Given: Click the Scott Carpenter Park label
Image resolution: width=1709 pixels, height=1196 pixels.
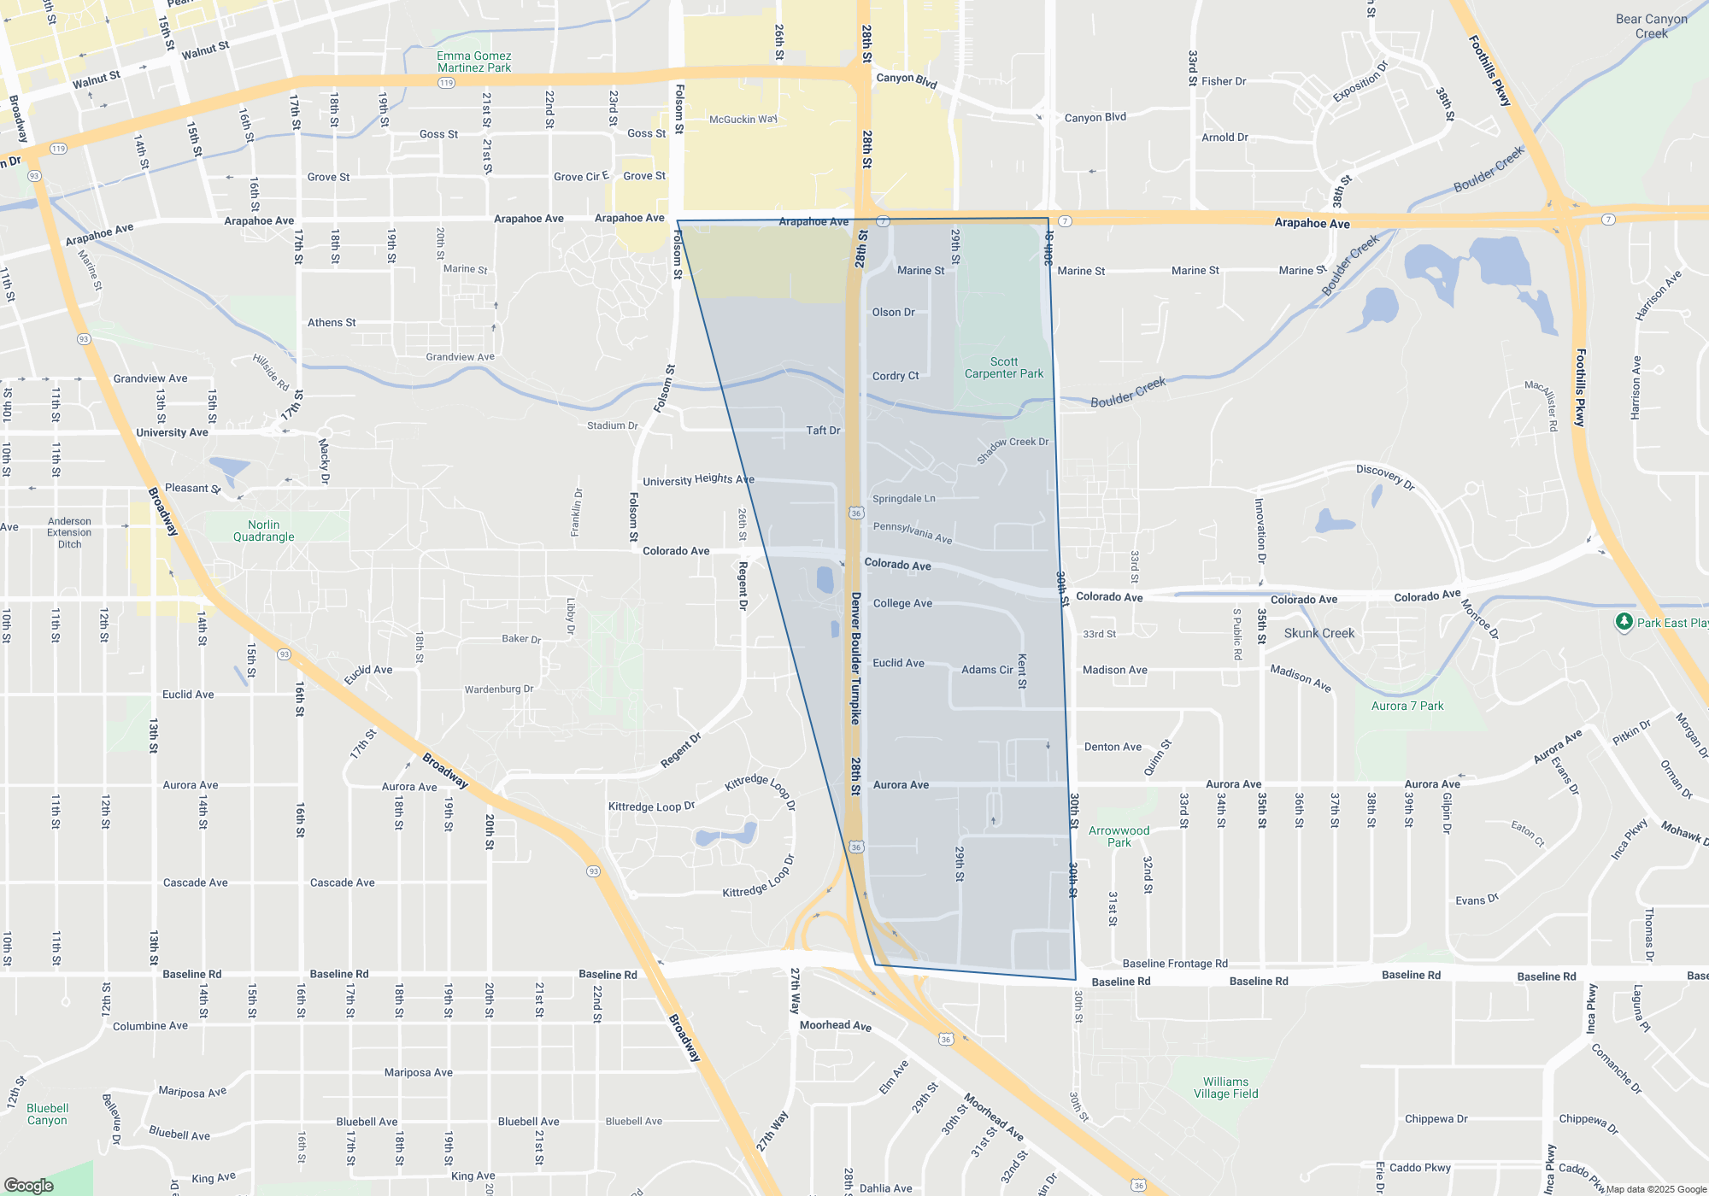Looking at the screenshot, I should point(1004,368).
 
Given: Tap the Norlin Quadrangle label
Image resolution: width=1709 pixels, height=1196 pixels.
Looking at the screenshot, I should point(263,531).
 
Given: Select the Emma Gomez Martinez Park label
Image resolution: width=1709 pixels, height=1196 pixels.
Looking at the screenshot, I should point(473,62).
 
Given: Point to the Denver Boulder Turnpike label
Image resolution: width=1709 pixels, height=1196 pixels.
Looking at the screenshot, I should point(855,658).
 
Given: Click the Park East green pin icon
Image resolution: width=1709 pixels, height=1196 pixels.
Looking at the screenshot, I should point(1624,622).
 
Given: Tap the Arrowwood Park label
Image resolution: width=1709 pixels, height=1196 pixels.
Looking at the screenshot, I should point(1119,836).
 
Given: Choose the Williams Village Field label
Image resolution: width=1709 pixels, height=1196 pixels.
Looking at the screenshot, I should point(1225,1088).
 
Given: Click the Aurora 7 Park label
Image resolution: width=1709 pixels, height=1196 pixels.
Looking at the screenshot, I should point(1407,706).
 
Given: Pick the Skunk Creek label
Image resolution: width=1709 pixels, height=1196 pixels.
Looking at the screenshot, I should point(1318,633).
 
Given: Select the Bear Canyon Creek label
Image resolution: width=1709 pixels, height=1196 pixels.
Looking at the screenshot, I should point(1651,26).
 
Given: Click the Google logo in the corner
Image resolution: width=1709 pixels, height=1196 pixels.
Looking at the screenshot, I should point(28,1185).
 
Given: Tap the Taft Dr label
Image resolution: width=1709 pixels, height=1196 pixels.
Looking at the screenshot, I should point(823,431).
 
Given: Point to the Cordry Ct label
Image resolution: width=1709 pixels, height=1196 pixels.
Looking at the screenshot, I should point(895,376).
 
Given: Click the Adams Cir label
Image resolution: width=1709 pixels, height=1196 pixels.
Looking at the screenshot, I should point(986,670).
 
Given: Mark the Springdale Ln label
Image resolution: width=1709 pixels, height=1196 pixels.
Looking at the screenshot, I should point(903,499).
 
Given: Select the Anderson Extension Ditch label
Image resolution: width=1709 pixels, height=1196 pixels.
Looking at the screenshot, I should point(69,532).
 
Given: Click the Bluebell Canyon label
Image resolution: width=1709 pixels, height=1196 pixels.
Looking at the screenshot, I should point(47,1114).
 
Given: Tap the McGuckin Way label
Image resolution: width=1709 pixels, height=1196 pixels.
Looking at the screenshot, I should point(743,120).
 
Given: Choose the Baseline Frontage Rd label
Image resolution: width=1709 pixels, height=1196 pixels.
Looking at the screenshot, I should point(1174,964).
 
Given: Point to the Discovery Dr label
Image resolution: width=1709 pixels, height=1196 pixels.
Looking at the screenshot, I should point(1385,477).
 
